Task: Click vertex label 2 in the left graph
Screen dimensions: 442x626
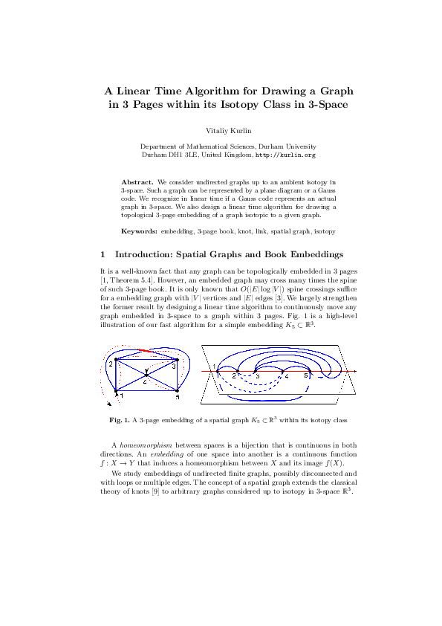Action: [109, 364]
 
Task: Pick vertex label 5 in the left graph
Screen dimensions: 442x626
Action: [178, 398]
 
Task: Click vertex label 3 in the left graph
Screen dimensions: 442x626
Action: [174, 367]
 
